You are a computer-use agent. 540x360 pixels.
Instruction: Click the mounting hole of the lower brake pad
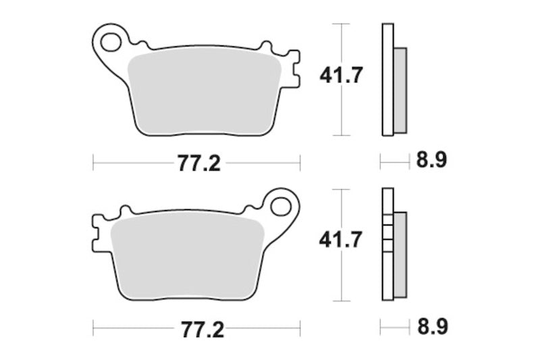pyautogui.click(x=280, y=205)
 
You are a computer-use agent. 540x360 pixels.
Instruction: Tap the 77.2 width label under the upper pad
pyautogui.click(x=200, y=163)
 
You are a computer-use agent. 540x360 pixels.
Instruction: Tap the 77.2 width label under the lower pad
pyautogui.click(x=200, y=330)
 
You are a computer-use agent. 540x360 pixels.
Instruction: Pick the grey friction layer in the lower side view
pyautogui.click(x=400, y=254)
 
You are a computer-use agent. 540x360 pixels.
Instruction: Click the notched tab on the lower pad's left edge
pyautogui.click(x=97, y=234)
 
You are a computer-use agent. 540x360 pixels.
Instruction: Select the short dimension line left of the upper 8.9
pyautogui.click(x=395, y=161)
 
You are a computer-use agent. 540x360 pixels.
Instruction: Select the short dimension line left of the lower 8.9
pyautogui.click(x=395, y=328)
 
